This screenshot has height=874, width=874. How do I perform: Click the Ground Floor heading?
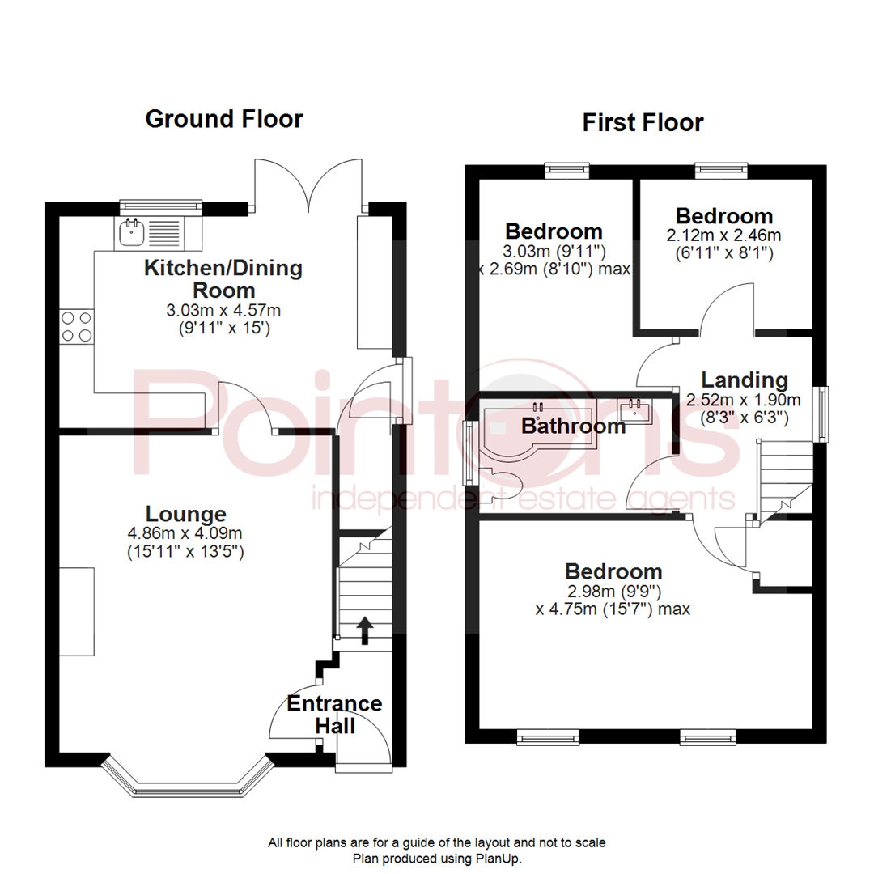click(223, 120)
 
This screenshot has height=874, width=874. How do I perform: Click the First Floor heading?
click(643, 123)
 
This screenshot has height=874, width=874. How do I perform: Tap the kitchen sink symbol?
click(130, 233)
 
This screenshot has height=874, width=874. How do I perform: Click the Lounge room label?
click(185, 513)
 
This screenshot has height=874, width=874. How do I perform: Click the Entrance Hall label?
click(334, 714)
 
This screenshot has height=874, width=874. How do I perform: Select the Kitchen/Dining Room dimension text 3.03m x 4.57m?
click(223, 310)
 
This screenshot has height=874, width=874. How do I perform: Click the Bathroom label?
click(573, 426)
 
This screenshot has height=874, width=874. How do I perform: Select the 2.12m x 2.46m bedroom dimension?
click(723, 236)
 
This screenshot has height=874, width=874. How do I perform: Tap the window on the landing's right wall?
click(822, 414)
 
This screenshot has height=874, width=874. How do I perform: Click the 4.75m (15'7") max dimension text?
click(613, 609)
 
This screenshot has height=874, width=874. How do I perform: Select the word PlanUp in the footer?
click(500, 858)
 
